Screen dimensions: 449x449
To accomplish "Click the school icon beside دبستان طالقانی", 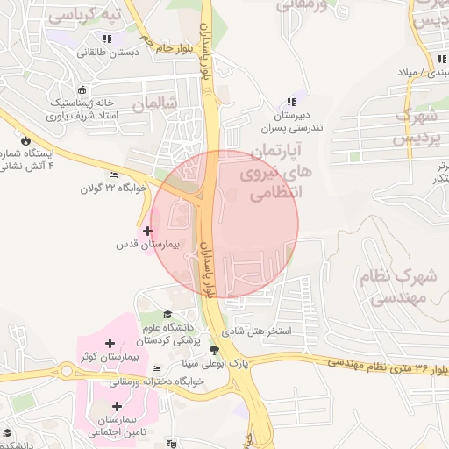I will click(x=107, y=39).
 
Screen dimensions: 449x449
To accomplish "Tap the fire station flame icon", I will click(x=25, y=140).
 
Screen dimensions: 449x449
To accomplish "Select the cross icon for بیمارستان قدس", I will click(x=147, y=230).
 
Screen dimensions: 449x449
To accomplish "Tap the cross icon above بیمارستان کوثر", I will click(x=109, y=343).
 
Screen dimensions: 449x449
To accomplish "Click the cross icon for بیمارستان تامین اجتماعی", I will click(x=117, y=406).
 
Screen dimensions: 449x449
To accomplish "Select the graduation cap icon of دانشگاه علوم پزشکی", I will click(x=167, y=315).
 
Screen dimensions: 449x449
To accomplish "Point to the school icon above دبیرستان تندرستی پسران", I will click(x=291, y=103).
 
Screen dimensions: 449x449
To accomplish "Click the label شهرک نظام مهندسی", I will click(x=398, y=287).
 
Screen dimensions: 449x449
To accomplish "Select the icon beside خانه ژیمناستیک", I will click(x=82, y=89).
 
